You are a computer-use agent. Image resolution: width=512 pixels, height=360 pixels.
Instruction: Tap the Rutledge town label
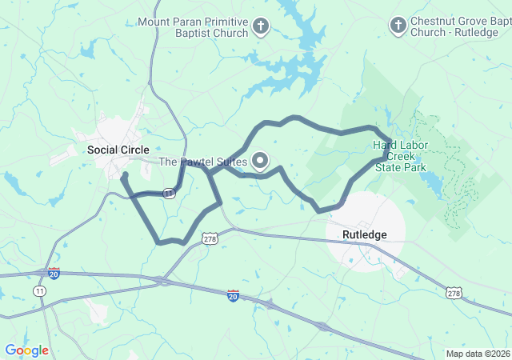click(x=364, y=234)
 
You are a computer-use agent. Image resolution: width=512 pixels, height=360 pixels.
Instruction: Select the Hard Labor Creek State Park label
click(x=400, y=156)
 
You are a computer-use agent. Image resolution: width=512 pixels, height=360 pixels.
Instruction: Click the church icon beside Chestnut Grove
click(x=397, y=26)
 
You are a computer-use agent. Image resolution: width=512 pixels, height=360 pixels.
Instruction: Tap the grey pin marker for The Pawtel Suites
click(x=260, y=161)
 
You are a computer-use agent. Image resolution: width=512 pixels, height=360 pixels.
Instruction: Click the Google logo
click(x=26, y=350)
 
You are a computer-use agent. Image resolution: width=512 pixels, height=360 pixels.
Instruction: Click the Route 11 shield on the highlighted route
click(x=169, y=194)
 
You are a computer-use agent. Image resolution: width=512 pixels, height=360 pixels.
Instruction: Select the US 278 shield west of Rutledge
click(x=210, y=238)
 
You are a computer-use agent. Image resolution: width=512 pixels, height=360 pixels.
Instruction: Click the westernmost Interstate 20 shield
click(x=54, y=273)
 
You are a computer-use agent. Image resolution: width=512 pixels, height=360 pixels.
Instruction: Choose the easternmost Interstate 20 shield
click(x=233, y=296)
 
